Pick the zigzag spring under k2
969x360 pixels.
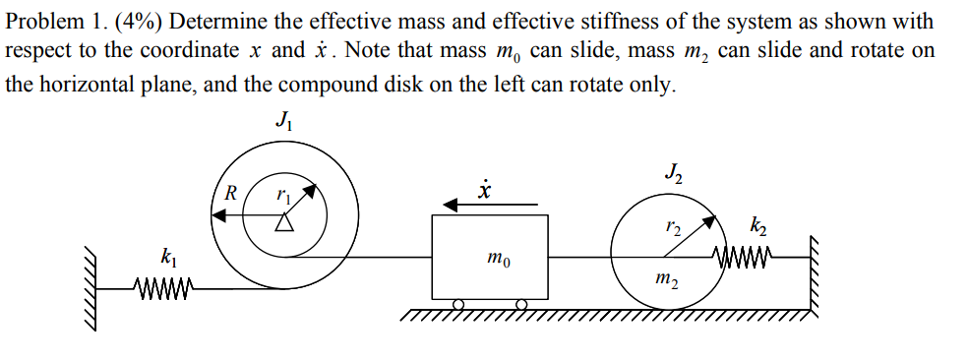[750, 257]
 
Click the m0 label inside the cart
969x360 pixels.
[497, 261]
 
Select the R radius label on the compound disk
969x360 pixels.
[230, 192]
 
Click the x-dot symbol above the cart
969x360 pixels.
[483, 187]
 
